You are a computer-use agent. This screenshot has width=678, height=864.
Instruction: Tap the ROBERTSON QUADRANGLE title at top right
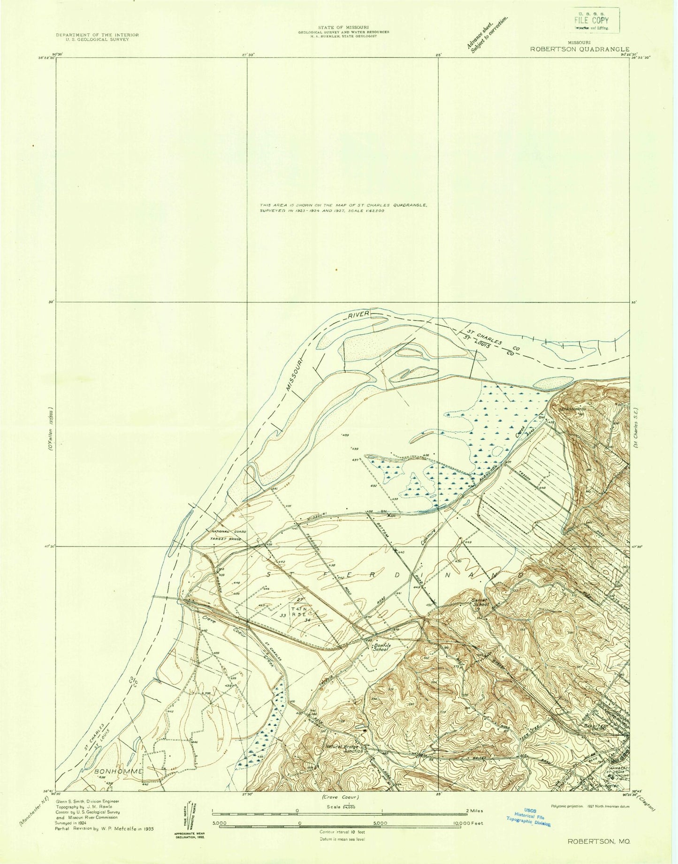click(x=579, y=48)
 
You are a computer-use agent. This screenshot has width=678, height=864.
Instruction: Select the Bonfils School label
click(x=380, y=647)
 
